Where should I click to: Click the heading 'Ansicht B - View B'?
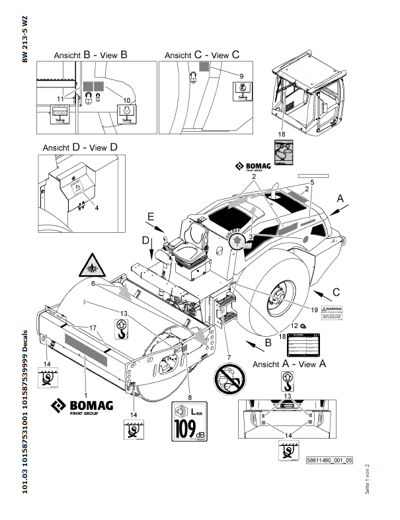tap(91, 56)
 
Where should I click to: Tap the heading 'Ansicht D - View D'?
tap(80, 146)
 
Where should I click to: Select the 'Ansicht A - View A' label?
tap(290, 363)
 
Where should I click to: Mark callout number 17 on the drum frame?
tap(93, 327)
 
